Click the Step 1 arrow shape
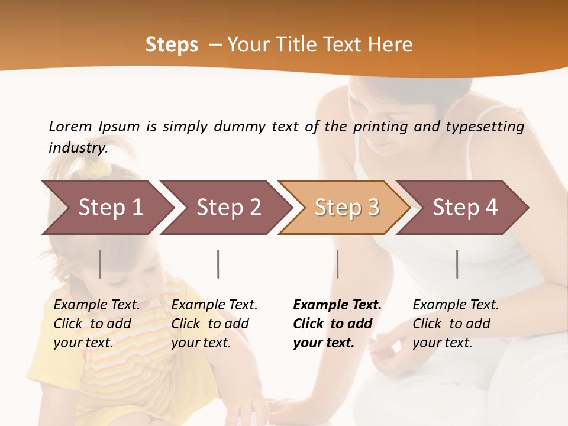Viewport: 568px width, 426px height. tap(106, 208)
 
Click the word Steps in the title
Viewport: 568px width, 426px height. tap(172, 45)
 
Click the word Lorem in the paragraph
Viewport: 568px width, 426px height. tap(70, 126)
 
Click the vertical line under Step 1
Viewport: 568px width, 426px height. tap(100, 264)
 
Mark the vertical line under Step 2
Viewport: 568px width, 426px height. tap(218, 264)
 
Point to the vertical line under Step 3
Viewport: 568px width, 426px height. tap(338, 264)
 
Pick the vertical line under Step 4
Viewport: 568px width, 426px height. tap(457, 264)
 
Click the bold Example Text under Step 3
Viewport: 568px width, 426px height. tap(337, 305)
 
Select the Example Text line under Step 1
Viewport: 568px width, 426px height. tap(96, 305)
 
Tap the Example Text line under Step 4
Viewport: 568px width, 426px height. tap(456, 305)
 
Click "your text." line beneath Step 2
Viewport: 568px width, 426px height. tap(201, 343)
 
